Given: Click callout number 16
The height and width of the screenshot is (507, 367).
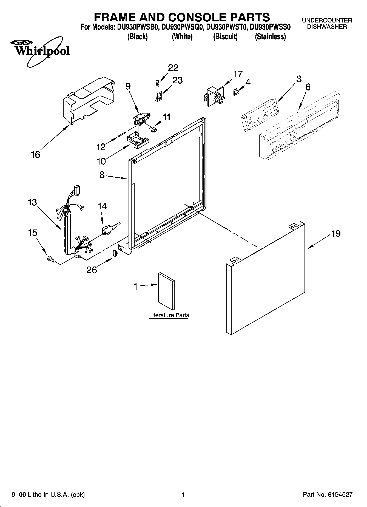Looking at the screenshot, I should pyautogui.click(x=36, y=155).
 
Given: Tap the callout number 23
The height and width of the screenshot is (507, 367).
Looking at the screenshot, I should pyautogui.click(x=177, y=80).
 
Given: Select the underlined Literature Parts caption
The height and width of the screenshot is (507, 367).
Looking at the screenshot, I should pyautogui.click(x=169, y=315).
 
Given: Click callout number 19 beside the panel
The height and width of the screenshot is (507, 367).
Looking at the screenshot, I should pyautogui.click(x=336, y=234).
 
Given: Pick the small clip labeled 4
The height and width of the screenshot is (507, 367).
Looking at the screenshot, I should pyautogui.click(x=235, y=92).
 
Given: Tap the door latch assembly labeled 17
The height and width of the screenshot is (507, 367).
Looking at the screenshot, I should pyautogui.click(x=214, y=96).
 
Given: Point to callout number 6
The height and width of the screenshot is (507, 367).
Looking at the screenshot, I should pyautogui.click(x=308, y=87).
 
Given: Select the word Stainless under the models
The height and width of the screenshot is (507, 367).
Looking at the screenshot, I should pyautogui.click(x=270, y=37).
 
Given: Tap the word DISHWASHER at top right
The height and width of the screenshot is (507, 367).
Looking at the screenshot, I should pyautogui.click(x=327, y=27).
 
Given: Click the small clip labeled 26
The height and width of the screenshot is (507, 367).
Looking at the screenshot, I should pyautogui.click(x=115, y=254).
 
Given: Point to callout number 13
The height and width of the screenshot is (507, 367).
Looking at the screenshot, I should pyautogui.click(x=32, y=203).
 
